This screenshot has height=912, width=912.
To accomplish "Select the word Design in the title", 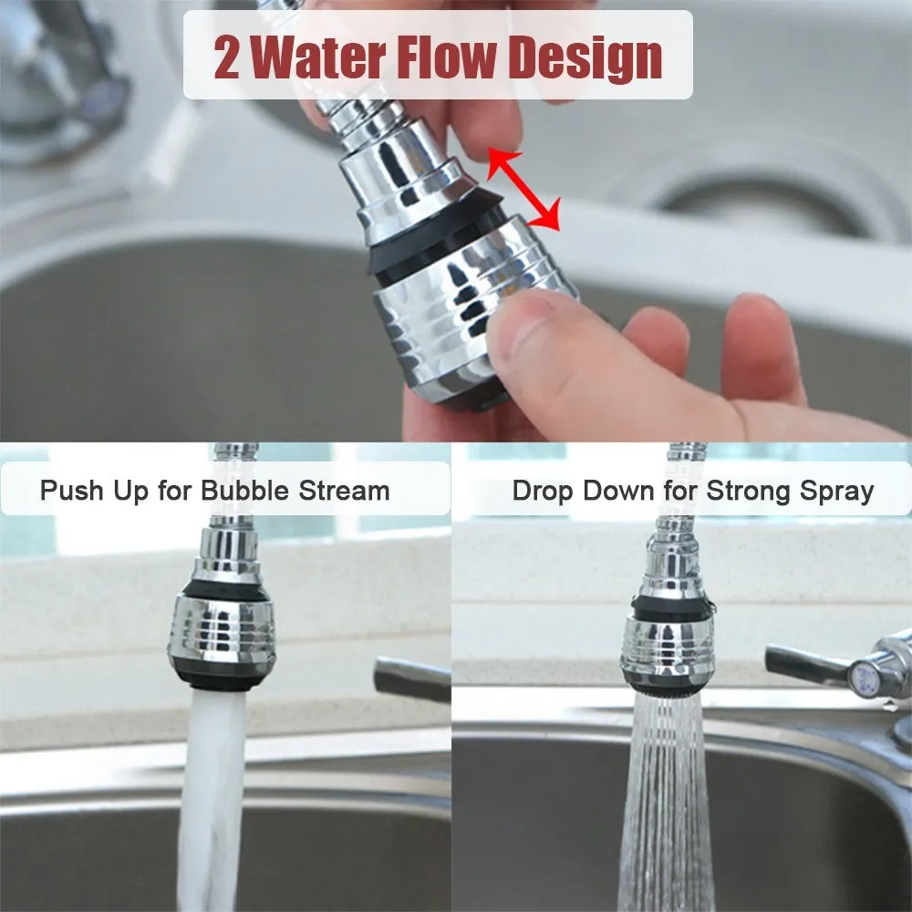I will [585, 57].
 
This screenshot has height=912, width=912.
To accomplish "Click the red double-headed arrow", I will [523, 190].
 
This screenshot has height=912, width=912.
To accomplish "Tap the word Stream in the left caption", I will [343, 491].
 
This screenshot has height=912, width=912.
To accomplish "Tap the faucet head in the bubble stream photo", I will [222, 629].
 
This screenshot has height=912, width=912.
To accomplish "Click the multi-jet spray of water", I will [666, 803].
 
